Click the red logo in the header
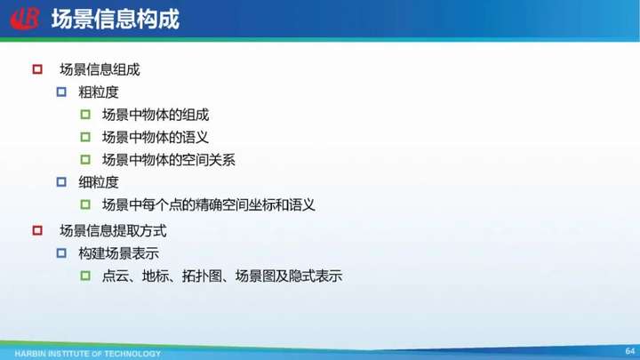25,19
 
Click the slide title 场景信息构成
115,20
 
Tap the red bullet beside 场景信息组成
37,69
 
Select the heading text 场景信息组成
100,70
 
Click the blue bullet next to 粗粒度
61,92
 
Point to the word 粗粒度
99,92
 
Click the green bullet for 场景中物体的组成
85,115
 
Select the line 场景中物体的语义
156,137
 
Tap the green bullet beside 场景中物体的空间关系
85,159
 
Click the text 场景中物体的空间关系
169,160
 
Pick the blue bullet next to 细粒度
61,181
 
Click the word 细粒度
99,182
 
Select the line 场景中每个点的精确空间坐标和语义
209,204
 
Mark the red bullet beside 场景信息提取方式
37,230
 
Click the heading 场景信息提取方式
113,231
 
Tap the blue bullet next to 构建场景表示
61,253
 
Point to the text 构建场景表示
118,253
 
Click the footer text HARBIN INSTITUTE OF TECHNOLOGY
88,354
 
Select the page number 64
630,351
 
